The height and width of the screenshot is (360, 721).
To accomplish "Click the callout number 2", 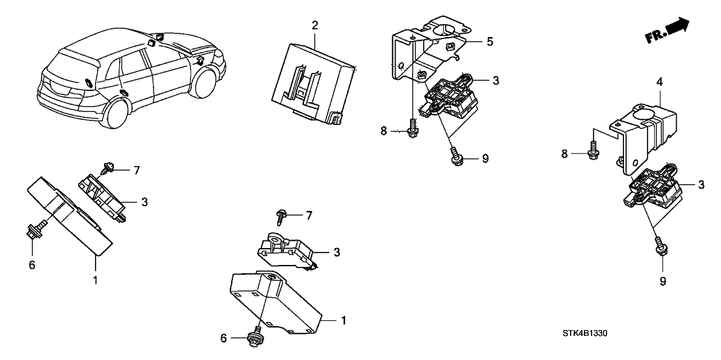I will point(315,25).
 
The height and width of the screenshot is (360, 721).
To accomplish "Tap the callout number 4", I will point(659,83).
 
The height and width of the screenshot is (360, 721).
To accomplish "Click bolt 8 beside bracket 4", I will point(593,153).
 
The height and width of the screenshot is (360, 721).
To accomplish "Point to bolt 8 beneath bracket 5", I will point(413,130).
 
